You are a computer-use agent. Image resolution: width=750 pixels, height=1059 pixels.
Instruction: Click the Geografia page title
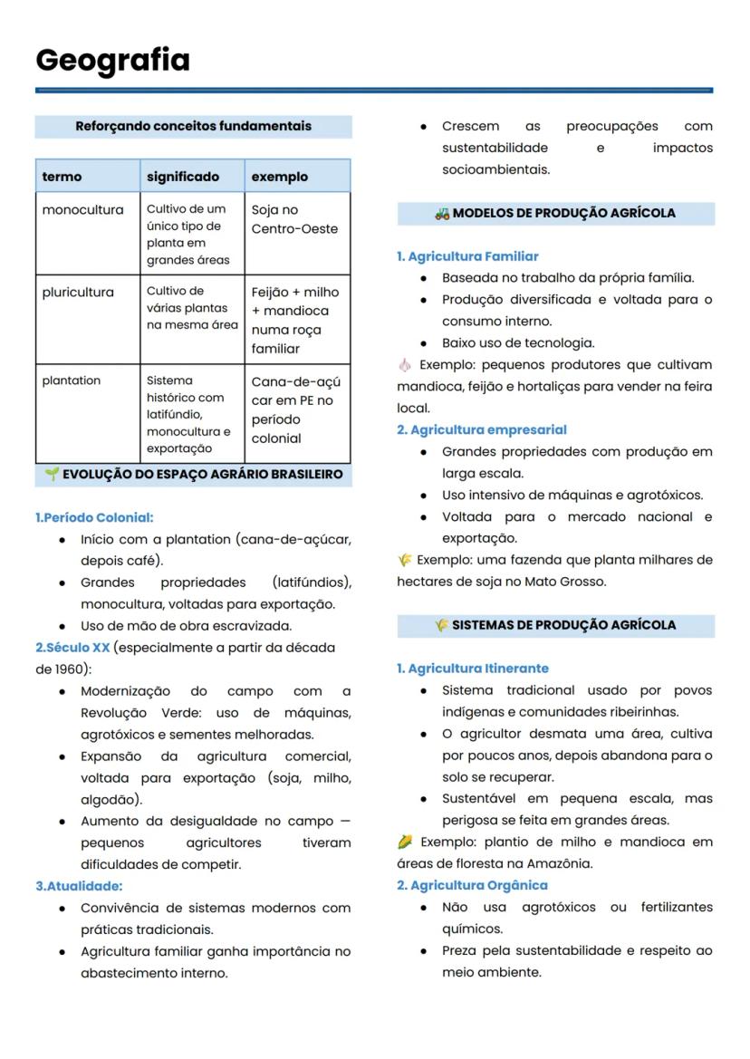(x=112, y=60)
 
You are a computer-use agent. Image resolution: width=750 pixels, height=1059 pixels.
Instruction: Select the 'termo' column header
(x=62, y=177)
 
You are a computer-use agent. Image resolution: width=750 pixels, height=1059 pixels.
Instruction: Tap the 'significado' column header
(x=183, y=177)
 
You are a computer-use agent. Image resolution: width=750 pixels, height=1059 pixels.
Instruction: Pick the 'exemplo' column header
(x=279, y=177)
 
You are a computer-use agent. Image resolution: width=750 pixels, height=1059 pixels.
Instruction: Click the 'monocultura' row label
(x=82, y=210)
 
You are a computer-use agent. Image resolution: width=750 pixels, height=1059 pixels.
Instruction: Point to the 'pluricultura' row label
(x=78, y=293)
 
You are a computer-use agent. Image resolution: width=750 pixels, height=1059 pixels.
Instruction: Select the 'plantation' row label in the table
(x=72, y=380)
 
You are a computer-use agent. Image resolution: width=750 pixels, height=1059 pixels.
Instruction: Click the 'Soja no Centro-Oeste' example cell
(x=281, y=219)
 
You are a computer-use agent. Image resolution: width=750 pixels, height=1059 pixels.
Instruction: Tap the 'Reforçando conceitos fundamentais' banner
(x=193, y=126)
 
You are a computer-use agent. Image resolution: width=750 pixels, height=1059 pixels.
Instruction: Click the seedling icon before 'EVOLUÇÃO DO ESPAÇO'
(x=52, y=474)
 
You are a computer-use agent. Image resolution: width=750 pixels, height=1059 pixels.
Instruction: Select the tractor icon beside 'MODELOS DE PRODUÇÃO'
(x=442, y=214)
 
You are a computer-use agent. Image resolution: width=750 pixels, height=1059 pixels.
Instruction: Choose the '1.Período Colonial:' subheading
(x=94, y=517)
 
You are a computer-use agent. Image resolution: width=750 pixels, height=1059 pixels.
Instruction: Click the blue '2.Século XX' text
(x=72, y=648)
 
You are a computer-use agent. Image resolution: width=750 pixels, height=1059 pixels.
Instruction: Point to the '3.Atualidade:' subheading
(x=79, y=886)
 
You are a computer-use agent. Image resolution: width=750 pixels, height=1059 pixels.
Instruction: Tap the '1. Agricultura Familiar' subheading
(x=467, y=256)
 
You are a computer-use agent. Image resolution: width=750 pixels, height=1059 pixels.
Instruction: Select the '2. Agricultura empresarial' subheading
(x=481, y=429)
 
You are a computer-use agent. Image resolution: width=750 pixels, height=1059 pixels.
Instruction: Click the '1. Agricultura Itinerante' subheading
(x=472, y=669)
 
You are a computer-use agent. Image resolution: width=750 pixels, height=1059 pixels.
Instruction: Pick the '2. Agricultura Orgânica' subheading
(x=472, y=885)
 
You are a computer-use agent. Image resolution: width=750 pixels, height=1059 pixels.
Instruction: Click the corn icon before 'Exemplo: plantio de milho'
(x=405, y=842)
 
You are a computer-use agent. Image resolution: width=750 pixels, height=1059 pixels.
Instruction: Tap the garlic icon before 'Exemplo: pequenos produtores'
(x=404, y=365)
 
